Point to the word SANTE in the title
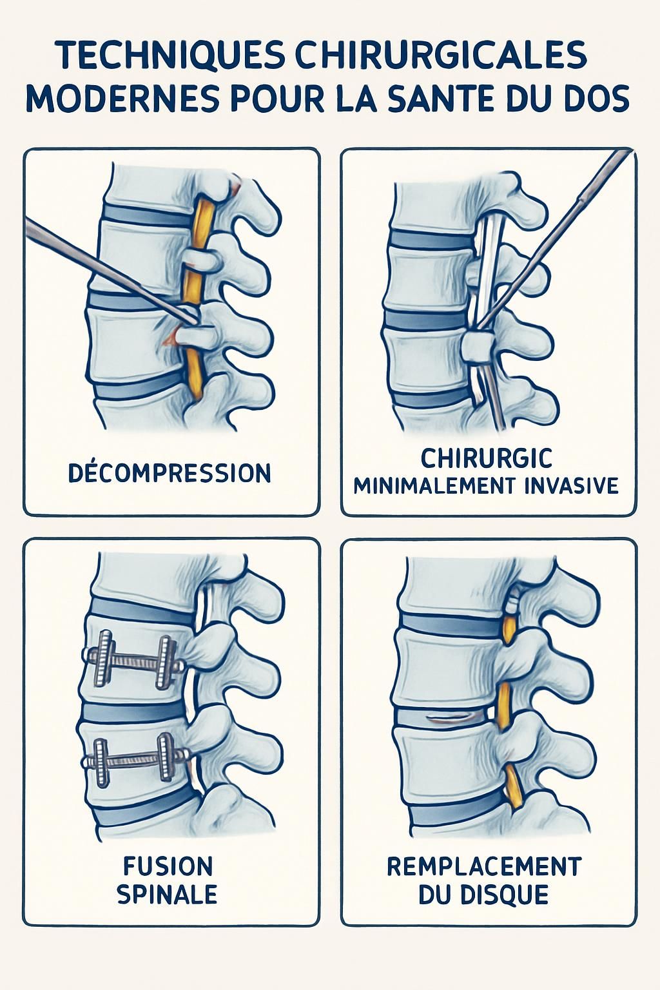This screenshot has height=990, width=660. [x=448, y=99]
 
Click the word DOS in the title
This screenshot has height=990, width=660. [x=597, y=99]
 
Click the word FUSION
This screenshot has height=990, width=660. [x=168, y=867]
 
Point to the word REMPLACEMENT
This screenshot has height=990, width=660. [x=484, y=867]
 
